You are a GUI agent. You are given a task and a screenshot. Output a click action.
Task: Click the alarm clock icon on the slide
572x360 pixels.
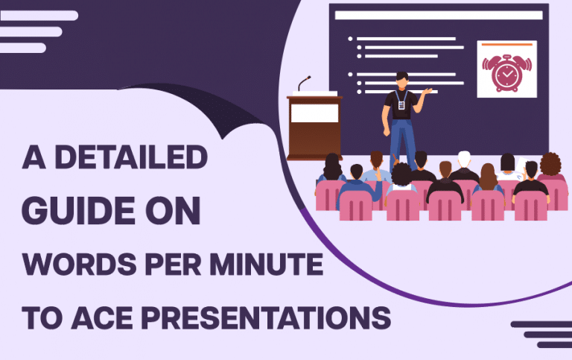click(506, 75)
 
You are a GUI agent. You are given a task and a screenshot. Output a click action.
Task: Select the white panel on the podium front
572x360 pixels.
click(314, 113)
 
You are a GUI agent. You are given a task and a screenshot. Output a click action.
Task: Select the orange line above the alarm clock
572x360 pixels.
click(506, 45)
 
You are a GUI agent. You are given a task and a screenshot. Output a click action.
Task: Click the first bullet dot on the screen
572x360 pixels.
click(350, 38)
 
